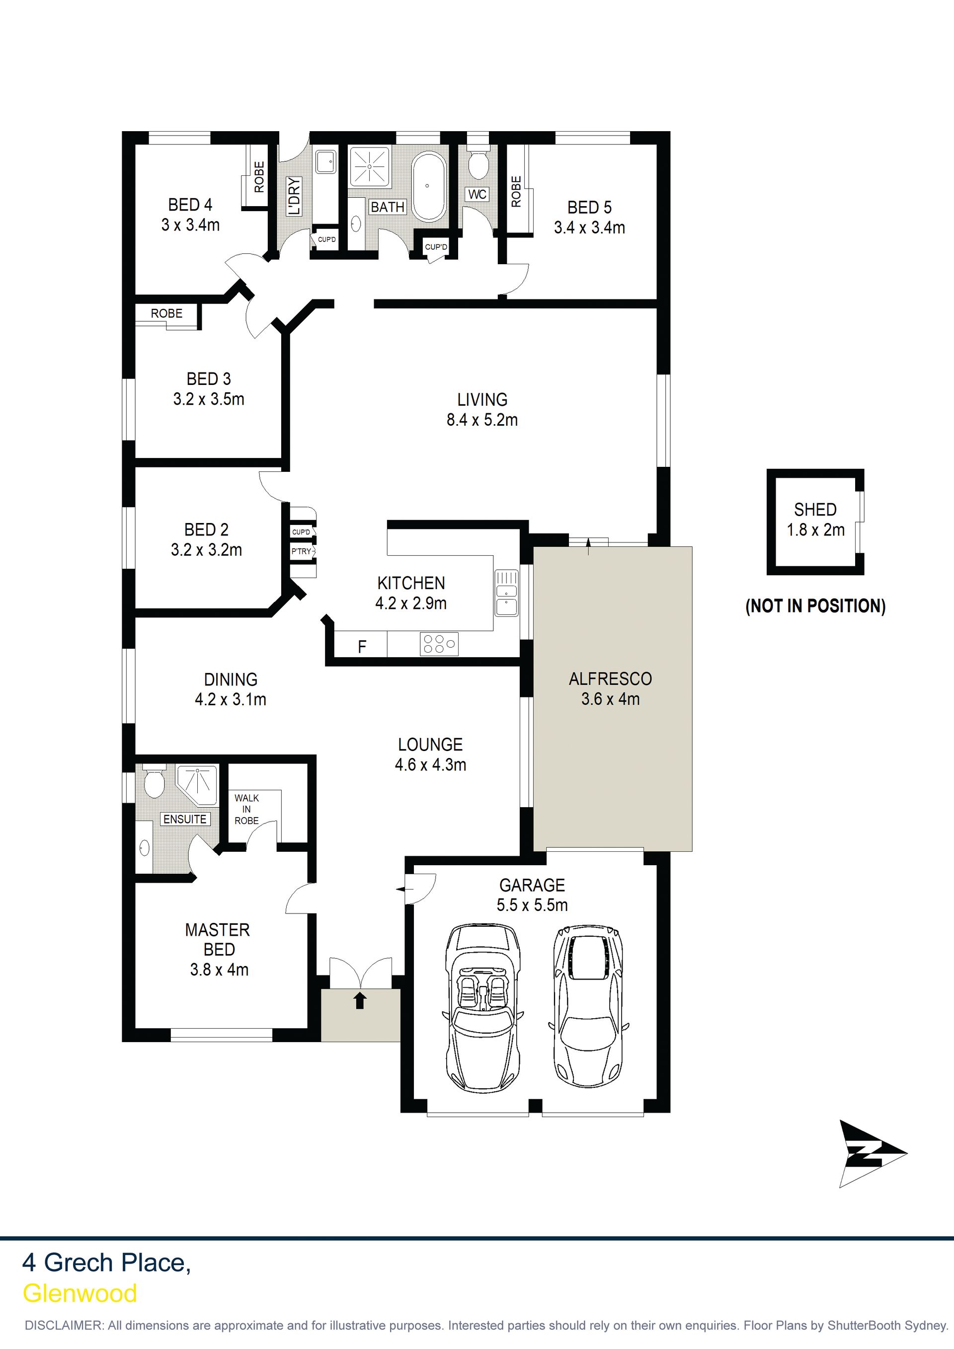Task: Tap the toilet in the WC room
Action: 478,161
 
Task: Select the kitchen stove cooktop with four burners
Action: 439,643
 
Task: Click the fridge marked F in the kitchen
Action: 362,647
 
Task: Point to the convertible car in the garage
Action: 482,1007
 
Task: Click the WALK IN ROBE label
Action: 246,809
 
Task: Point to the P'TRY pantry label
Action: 301,551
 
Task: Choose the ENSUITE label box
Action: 184,819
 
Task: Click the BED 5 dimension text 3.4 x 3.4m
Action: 590,228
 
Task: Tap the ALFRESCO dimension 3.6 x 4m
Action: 611,699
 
